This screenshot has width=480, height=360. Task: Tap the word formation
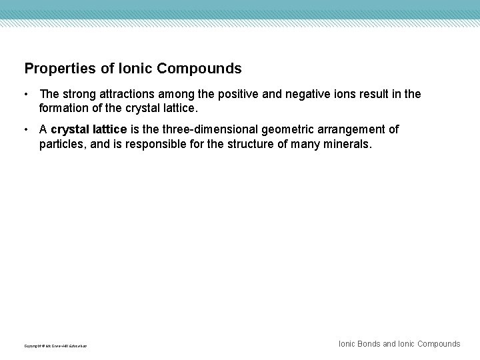tap(65, 107)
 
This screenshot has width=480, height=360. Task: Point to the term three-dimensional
tap(207, 130)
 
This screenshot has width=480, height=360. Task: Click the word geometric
tap(290, 130)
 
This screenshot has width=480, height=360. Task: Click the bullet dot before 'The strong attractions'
tap(27, 95)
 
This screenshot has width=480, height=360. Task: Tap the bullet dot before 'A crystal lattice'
tap(27, 130)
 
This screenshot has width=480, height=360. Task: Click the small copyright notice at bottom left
tap(55, 345)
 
